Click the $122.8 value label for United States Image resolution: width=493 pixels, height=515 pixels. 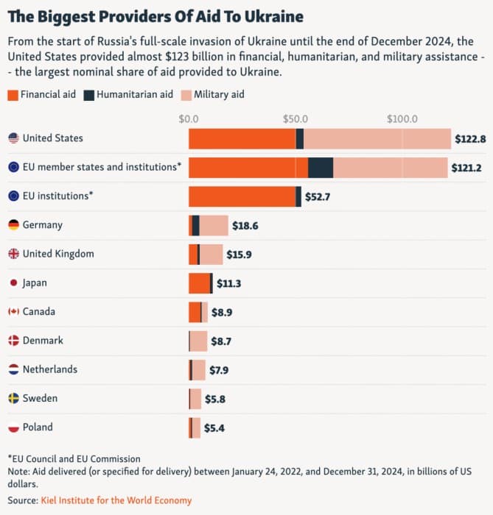[469, 139]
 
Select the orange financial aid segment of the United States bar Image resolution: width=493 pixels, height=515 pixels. [242, 138]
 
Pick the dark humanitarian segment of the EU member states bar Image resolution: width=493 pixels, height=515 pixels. [321, 167]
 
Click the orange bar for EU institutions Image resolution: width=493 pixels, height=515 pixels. [242, 196]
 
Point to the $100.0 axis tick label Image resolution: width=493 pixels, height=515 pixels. [402, 118]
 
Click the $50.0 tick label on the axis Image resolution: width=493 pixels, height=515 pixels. [295, 118]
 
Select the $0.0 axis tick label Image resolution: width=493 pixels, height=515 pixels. [189, 118]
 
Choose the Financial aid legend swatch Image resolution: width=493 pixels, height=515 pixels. [13, 95]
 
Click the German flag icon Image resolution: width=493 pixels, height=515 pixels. [13, 225]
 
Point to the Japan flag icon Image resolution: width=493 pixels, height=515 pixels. [13, 283]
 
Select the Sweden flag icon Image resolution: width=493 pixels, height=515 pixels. [13, 398]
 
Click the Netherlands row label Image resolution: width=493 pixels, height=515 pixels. [49, 369]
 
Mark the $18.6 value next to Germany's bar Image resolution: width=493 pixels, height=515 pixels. [245, 226]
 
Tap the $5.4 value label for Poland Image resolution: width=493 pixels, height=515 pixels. [215, 427]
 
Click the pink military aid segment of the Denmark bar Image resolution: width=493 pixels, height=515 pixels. [198, 341]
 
